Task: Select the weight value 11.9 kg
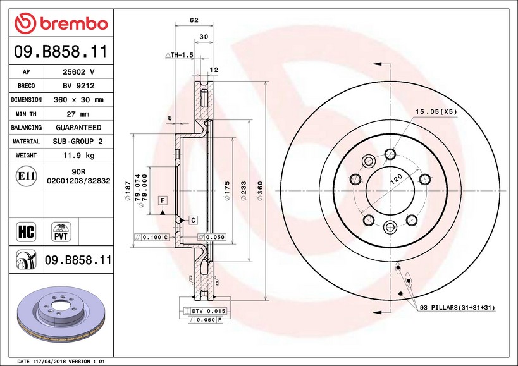[x=78, y=156]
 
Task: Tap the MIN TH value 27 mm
[x=78, y=114]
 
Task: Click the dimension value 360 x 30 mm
[x=78, y=100]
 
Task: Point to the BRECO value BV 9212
[x=78, y=86]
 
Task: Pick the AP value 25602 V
[x=78, y=72]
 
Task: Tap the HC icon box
[x=27, y=231]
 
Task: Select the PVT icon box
[x=61, y=231]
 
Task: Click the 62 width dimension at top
[x=194, y=20]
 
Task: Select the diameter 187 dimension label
[x=128, y=187]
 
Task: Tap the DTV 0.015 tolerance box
[x=208, y=311]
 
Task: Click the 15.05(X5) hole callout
[x=436, y=111]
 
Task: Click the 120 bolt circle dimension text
[x=396, y=181]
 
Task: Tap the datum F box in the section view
[x=163, y=200]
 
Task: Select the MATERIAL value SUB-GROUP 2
[x=78, y=142]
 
